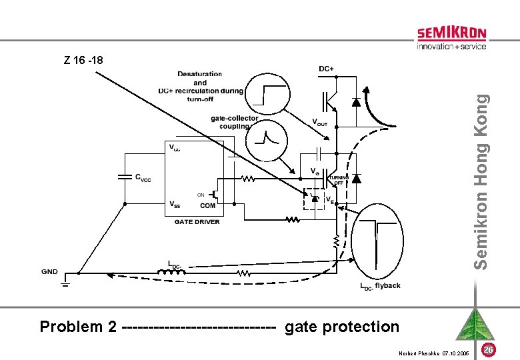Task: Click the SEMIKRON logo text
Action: pos(451,33)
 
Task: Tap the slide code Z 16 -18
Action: pos(82,60)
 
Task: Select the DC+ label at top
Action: pos(327,69)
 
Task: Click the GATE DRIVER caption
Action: pos(197,222)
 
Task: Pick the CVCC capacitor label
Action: pos(143,177)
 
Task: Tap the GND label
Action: pos(49,272)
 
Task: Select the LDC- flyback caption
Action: pos(380,286)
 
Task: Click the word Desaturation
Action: pos(200,74)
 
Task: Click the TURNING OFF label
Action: pos(339,180)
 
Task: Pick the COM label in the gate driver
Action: pos(207,206)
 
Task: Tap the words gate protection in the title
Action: pos(342,327)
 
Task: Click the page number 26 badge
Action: pos(488,350)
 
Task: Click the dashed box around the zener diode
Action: pos(314,199)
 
